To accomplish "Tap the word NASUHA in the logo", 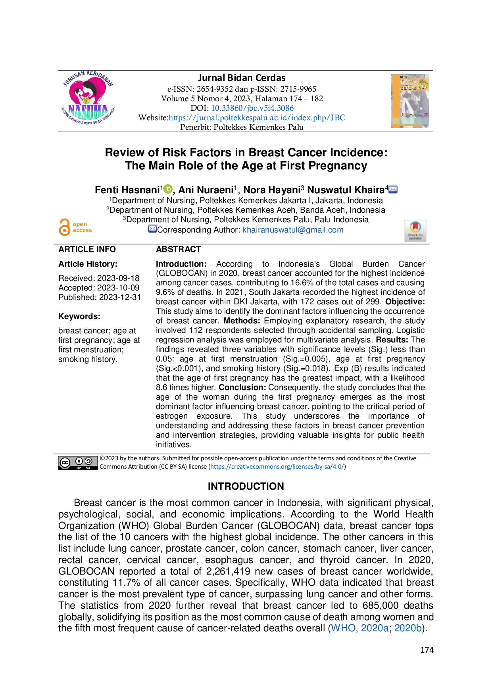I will [x=88, y=108].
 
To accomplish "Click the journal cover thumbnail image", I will [x=411, y=102].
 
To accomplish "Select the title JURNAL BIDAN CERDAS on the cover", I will [x=408, y=84].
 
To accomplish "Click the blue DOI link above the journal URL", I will [x=252, y=108].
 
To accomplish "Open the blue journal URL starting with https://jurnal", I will [x=257, y=117].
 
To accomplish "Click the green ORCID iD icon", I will [x=168, y=189].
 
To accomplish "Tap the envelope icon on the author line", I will [x=393, y=189].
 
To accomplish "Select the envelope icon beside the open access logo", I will [x=152, y=229].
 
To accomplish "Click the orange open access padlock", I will [x=64, y=227].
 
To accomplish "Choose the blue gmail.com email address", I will [x=293, y=230].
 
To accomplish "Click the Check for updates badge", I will [x=415, y=231].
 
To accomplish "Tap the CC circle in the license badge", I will [x=65, y=463].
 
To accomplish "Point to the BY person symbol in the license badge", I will [x=79, y=461].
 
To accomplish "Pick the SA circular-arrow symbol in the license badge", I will [x=88, y=461].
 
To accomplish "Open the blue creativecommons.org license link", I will [x=277, y=467].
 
